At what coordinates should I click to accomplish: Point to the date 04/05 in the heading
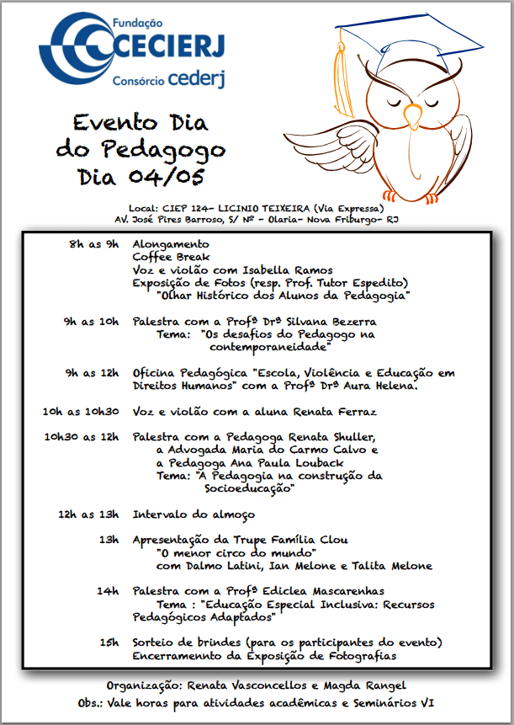point(165,178)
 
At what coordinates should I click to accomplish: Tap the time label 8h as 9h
point(95,244)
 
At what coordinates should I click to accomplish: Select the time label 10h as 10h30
point(82,412)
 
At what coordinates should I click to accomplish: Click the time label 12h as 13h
point(89,514)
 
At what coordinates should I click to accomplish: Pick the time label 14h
point(108,591)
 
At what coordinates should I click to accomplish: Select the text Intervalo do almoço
point(193,514)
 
